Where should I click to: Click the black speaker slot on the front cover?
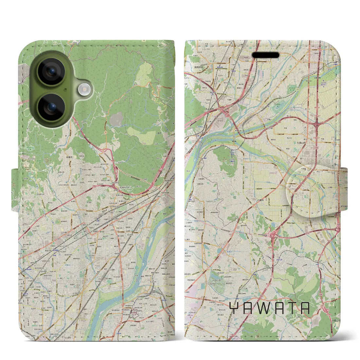[x=265, y=55]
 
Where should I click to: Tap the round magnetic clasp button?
[x=313, y=191]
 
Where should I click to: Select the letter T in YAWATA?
[x=291, y=308]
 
